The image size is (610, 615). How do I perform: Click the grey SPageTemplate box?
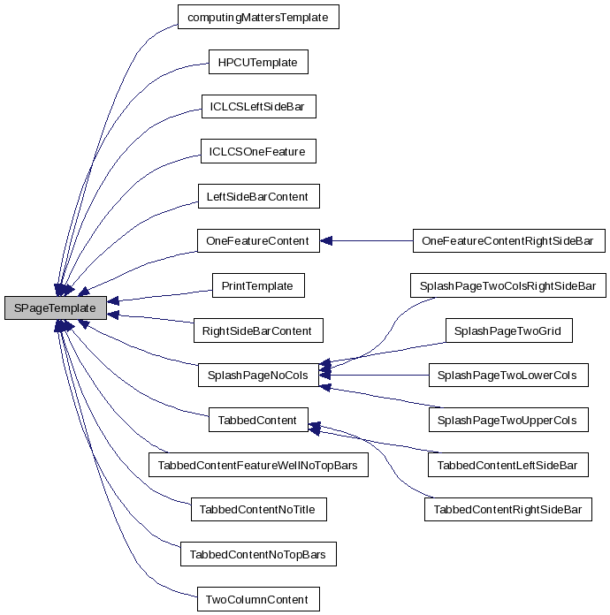click(55, 308)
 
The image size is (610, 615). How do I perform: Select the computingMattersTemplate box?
click(258, 17)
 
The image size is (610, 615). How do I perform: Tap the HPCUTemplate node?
click(258, 62)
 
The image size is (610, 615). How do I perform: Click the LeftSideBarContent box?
click(257, 196)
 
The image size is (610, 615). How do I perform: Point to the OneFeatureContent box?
click(257, 240)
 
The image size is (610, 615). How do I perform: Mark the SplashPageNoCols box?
click(257, 376)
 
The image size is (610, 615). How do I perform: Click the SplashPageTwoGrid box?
click(508, 330)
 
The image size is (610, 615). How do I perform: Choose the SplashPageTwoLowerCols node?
click(508, 376)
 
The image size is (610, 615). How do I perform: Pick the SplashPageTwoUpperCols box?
click(508, 420)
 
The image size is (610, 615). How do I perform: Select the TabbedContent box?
click(257, 420)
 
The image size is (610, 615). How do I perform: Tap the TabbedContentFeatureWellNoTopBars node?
click(257, 465)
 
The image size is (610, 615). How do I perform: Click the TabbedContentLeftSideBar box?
click(508, 465)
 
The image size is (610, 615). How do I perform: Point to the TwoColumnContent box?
click(257, 599)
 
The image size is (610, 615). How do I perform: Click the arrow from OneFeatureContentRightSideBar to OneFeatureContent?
click(366, 240)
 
